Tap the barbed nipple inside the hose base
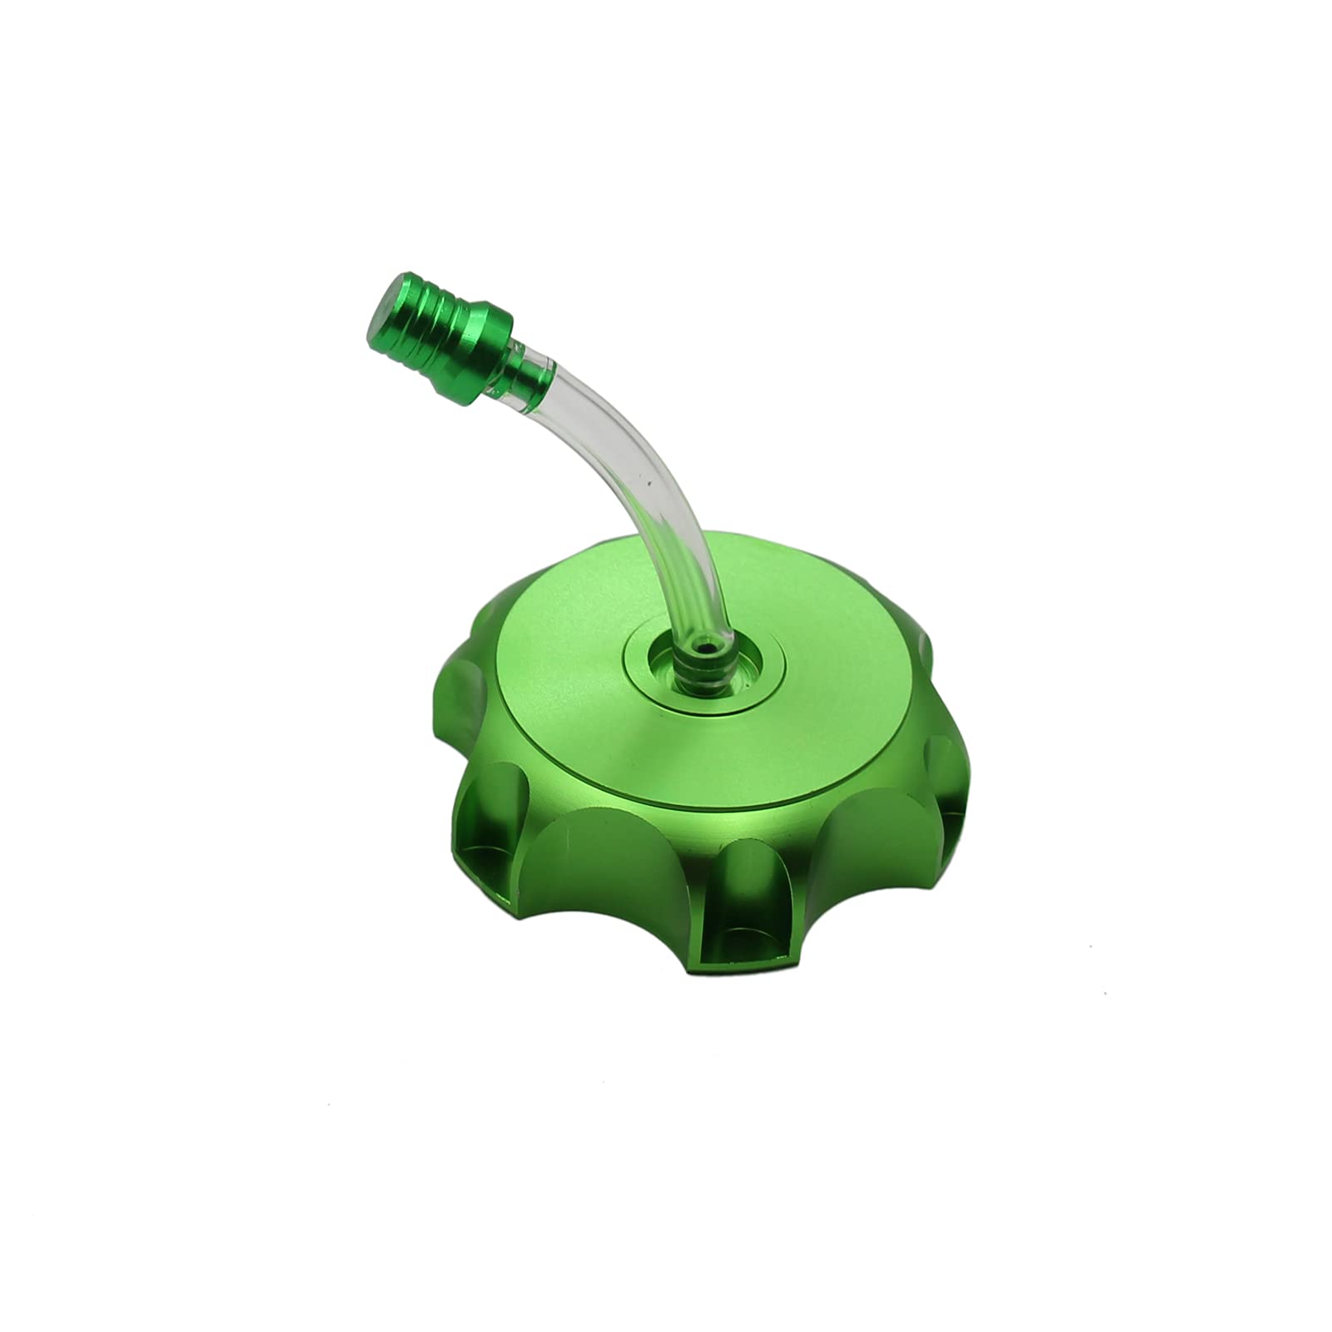[698, 666]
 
